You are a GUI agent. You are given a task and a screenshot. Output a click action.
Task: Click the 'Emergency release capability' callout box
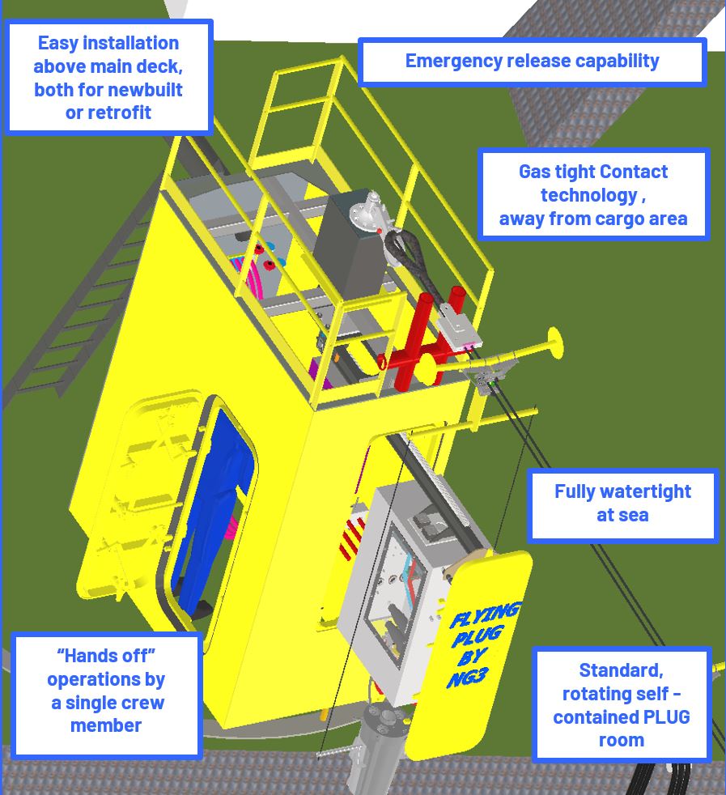pyautogui.click(x=533, y=62)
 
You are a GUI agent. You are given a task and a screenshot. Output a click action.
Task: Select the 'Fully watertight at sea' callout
pyautogui.click(x=623, y=504)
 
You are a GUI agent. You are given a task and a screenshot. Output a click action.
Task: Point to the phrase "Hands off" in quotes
pyautogui.click(x=106, y=656)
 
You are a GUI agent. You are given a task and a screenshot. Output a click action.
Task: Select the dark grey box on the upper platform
pyautogui.click(x=350, y=244)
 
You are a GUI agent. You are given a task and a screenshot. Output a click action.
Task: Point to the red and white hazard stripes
pyautogui.click(x=352, y=538)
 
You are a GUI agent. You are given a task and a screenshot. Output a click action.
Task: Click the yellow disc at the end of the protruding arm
pyautogui.click(x=554, y=343)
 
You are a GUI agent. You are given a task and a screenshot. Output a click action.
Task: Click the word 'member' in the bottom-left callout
pyautogui.click(x=106, y=725)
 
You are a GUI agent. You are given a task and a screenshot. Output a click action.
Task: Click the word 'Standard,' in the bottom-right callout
pyautogui.click(x=621, y=670)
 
